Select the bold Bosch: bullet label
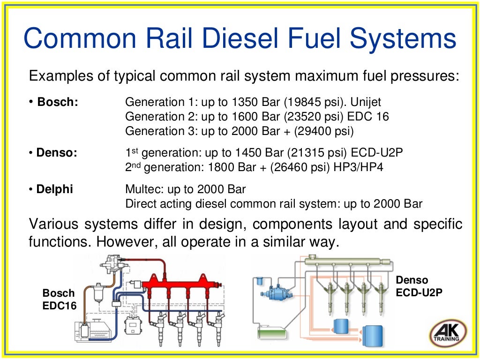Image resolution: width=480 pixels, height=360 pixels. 58,102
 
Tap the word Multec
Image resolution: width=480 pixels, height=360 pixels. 141,190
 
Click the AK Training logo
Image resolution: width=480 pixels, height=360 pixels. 448,334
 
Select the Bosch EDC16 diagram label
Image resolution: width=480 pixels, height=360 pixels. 59,299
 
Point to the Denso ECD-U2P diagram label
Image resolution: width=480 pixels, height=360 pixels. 419,286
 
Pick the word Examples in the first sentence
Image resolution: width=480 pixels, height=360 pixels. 56,76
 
